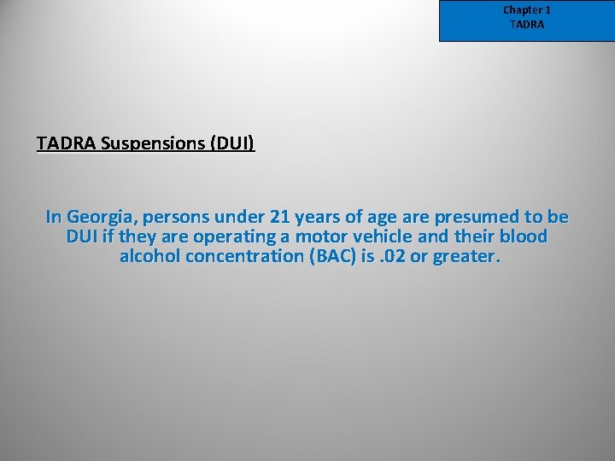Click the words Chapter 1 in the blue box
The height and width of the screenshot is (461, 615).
(x=526, y=10)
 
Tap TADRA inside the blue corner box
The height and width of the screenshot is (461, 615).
(x=526, y=25)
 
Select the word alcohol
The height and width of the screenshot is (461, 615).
(x=150, y=256)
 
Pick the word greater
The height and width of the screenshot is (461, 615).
(x=466, y=256)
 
